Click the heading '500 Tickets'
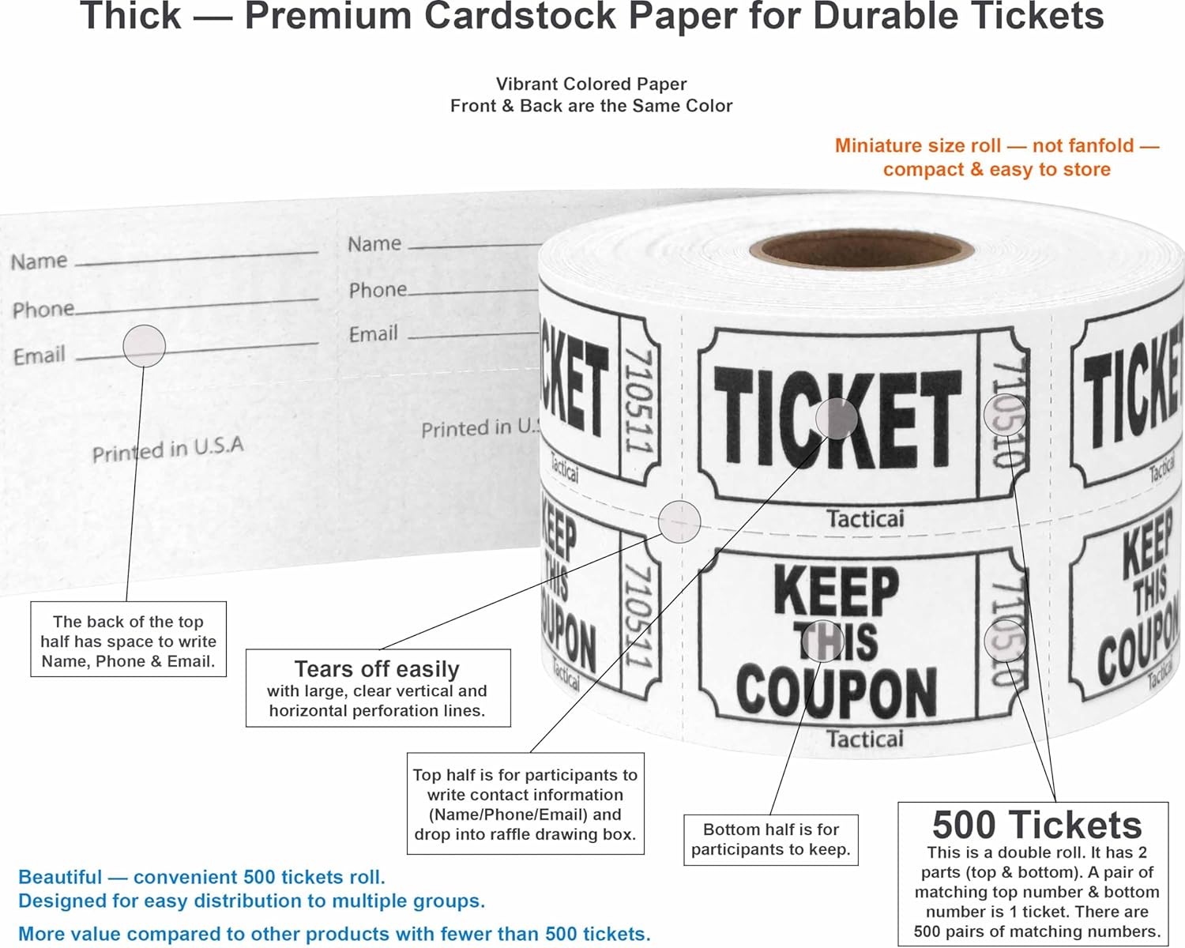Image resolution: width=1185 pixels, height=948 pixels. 1036,825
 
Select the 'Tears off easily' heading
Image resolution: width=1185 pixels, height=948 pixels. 377,669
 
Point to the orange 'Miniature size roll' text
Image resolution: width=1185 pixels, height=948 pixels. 996,146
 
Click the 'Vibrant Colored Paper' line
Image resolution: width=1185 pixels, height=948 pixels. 591,84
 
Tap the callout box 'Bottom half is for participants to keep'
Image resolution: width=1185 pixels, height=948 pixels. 770,840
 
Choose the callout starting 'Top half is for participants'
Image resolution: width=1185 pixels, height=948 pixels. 525,804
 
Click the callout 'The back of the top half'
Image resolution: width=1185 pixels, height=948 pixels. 128,641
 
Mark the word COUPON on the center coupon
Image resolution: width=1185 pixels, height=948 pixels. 836,691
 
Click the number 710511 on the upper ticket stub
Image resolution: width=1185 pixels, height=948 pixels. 638,401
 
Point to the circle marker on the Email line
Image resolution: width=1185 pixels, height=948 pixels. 144,345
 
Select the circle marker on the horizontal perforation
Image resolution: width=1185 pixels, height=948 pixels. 679,521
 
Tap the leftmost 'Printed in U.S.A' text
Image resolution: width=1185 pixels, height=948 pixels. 167,450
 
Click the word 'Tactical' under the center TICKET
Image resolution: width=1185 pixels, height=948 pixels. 864,519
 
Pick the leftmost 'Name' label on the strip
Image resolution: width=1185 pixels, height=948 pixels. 39,261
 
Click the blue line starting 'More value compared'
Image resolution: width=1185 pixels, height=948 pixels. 334,934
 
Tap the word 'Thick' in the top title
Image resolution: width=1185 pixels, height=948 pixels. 130,17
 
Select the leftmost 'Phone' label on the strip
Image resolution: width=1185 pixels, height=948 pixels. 43,309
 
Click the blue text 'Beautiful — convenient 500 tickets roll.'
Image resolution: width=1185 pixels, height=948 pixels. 201,877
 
